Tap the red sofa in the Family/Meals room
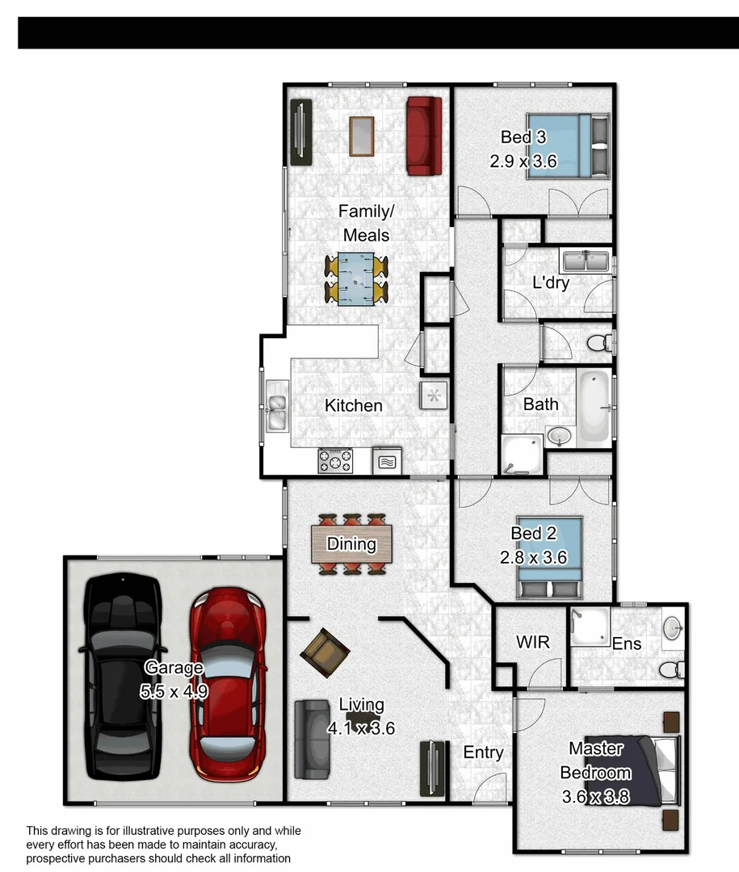[424, 136]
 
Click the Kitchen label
[353, 405]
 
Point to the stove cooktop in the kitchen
[335, 461]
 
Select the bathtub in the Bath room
[594, 407]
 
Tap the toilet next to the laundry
[598, 343]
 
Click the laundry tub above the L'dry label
[586, 261]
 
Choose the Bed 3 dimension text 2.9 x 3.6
[523, 161]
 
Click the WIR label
[533, 643]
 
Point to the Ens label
[627, 644]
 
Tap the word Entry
[483, 753]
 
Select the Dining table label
[351, 544]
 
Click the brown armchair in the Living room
[324, 649]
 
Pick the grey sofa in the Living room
[311, 740]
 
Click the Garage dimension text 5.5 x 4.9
[174, 691]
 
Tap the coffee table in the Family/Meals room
[361, 136]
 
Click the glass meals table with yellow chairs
[356, 279]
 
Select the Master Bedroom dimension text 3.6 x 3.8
[596, 798]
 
